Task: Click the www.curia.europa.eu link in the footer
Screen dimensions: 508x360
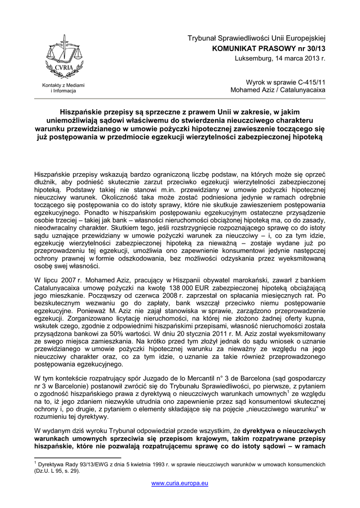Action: tap(180, 483)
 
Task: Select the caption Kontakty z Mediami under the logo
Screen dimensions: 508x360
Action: tap(63, 85)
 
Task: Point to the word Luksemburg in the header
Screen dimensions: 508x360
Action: tap(252, 59)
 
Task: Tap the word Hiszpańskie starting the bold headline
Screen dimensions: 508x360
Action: tap(82, 112)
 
